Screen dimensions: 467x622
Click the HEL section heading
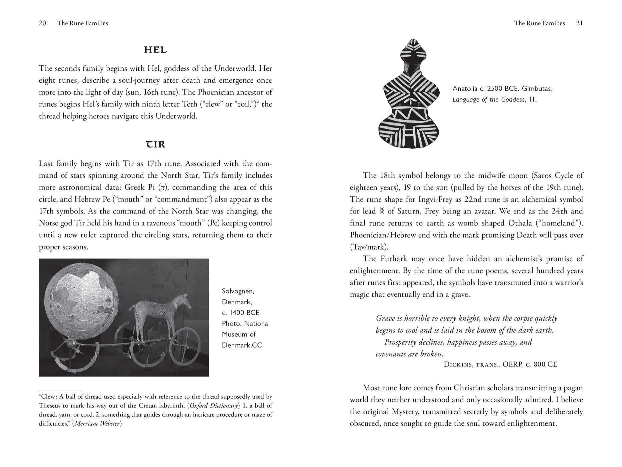[x=155, y=50]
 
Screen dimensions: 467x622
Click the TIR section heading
[x=155, y=144]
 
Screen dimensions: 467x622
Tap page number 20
[x=42, y=23]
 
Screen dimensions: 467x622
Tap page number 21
[x=579, y=23]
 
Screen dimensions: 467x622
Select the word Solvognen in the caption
[x=238, y=291]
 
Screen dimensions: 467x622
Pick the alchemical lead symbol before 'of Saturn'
[x=382, y=211]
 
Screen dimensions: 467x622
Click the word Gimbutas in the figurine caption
[x=537, y=89]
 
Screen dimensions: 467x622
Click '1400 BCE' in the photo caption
[x=244, y=313]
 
